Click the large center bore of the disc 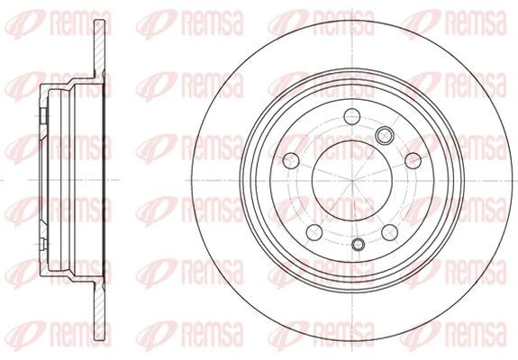352,181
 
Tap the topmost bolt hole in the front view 352,116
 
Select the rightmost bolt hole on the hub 413,161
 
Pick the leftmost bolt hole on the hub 291,161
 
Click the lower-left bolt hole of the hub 314,232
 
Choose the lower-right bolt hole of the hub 389,232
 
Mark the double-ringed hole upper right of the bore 385,135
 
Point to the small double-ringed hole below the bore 359,244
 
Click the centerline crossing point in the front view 352,181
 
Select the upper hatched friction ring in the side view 99,48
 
